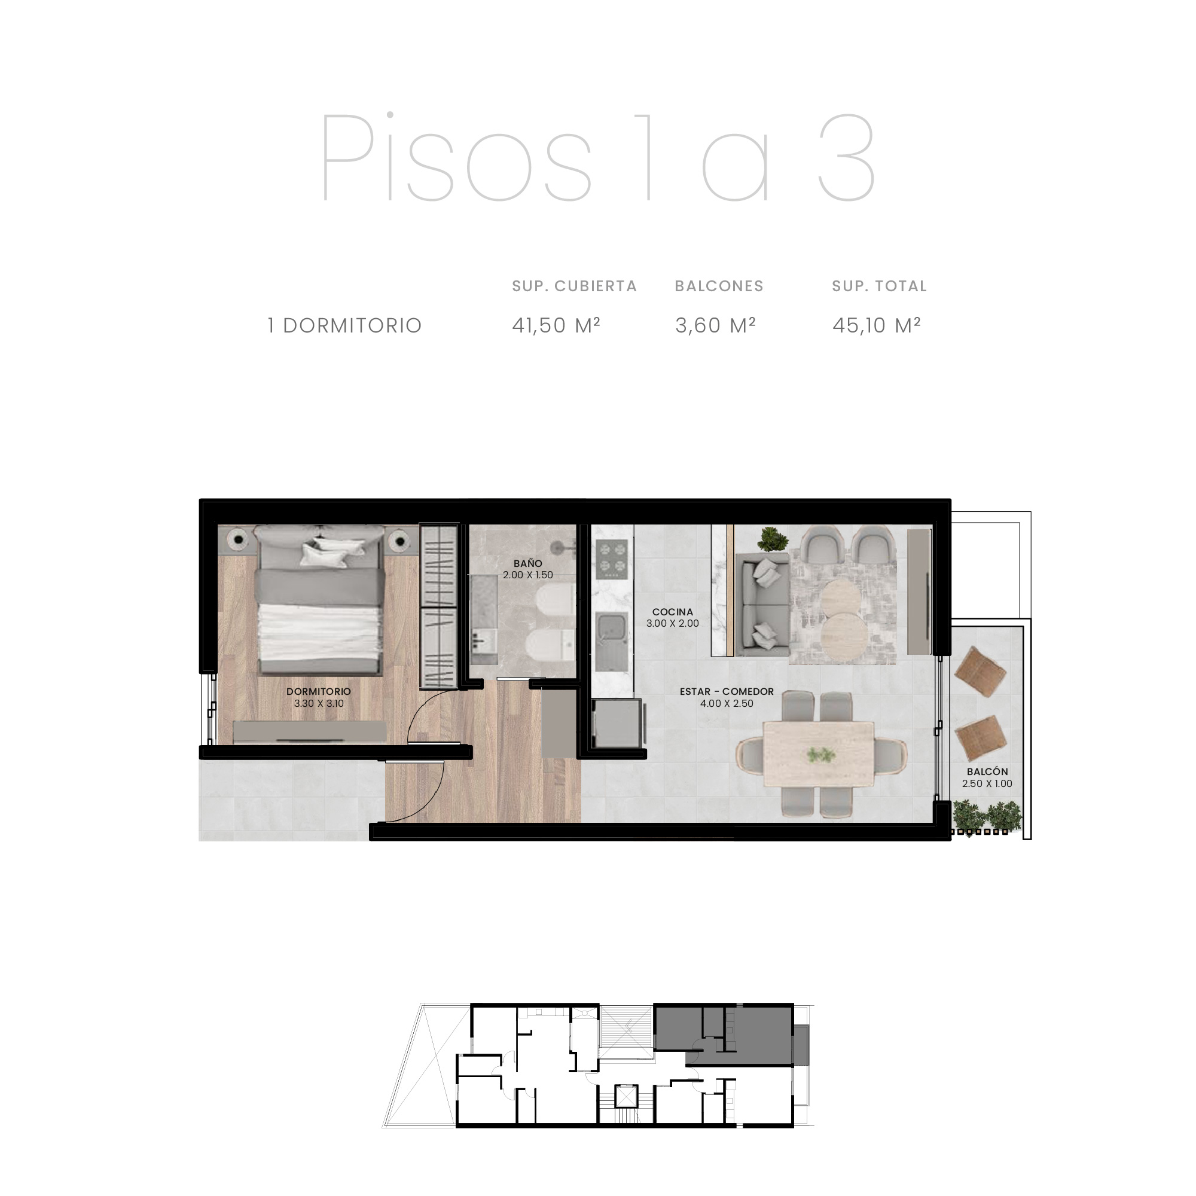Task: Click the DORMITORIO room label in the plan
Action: (318, 691)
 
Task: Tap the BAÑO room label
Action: (527, 563)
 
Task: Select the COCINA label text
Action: (672, 612)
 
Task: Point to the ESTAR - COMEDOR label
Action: (727, 691)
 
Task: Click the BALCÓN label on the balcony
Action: (987, 771)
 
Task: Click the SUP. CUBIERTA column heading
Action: (575, 286)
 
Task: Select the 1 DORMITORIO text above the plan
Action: (345, 326)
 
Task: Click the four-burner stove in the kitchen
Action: (612, 559)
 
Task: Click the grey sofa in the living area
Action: (762, 604)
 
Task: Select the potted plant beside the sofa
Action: (771, 539)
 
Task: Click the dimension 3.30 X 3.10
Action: (319, 703)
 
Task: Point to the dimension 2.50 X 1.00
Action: (987, 783)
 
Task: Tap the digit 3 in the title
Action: (846, 158)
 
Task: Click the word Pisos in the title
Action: (456, 157)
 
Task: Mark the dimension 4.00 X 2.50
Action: (727, 703)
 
